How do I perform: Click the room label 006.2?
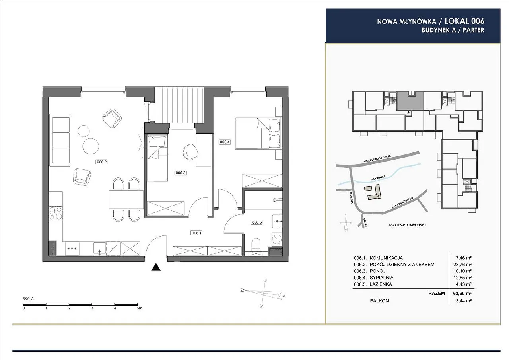[x=101, y=162]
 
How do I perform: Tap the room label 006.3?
[x=181, y=173]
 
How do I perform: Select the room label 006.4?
[x=225, y=142]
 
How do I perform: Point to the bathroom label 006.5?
[x=257, y=222]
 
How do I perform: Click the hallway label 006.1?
[x=196, y=233]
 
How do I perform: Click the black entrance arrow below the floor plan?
[x=156, y=267]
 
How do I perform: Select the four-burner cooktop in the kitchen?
[x=56, y=213]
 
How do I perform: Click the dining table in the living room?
[x=126, y=200]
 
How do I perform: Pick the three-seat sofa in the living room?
[x=60, y=140]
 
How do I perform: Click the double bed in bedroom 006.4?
[x=258, y=133]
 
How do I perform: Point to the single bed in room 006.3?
[x=157, y=158]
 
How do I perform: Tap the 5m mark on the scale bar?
[x=139, y=308]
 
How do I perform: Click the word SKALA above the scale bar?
[x=28, y=299]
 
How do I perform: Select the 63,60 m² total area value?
[x=462, y=294]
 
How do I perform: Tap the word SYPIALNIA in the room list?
[x=382, y=278]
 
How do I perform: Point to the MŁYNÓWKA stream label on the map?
[x=378, y=178]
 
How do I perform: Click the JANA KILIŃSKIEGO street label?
[x=402, y=203]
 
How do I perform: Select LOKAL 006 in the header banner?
[x=464, y=21]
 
